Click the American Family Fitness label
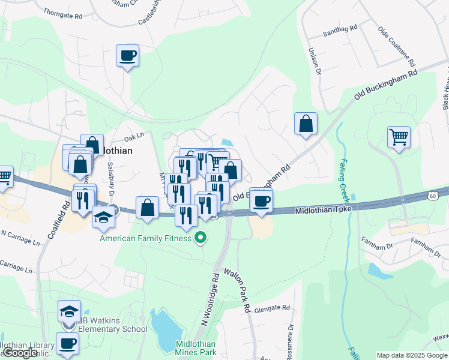tap(146, 238)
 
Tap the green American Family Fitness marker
tap(202, 238)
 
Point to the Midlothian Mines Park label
tap(196, 348)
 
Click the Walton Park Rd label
tap(237, 291)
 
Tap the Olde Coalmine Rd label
tap(396, 46)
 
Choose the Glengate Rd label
tap(272, 308)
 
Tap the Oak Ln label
tap(135, 137)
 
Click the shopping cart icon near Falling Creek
tap(399, 137)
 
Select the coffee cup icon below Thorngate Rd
tap(127, 56)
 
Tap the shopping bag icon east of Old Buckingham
tap(306, 124)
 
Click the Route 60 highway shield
tap(433, 196)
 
